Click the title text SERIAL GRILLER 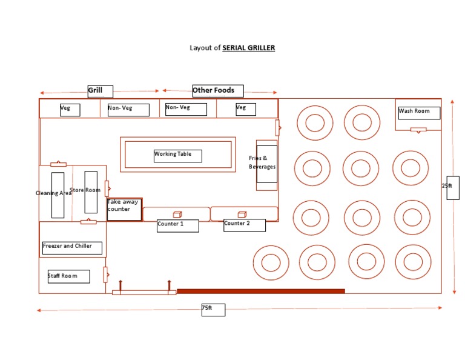(248, 47)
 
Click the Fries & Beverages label (263, 163)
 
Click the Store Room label (85, 190)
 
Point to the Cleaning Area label (53, 193)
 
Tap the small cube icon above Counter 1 (177, 214)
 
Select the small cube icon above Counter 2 (242, 214)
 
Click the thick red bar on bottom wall (260, 292)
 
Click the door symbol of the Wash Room (418, 129)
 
